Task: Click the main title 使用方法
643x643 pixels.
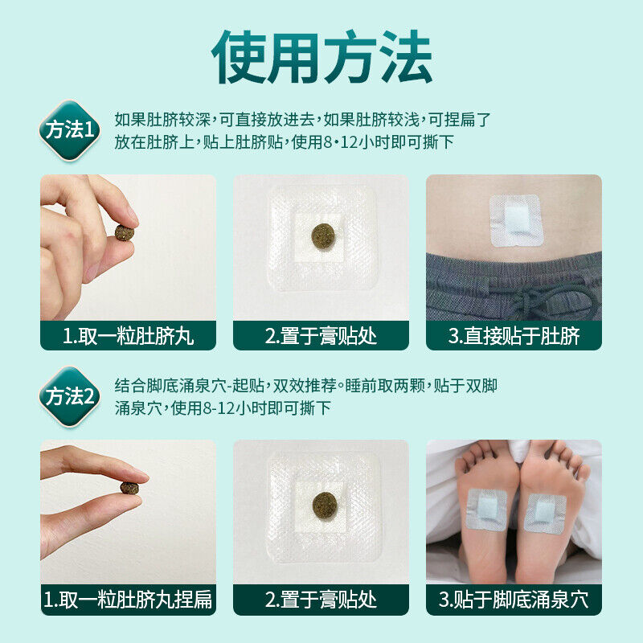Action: [322, 56]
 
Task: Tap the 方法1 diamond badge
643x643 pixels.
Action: [70, 130]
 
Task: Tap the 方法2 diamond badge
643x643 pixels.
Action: [70, 396]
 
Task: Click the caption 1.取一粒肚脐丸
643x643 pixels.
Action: [129, 336]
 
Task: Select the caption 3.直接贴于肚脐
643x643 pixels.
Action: [514, 336]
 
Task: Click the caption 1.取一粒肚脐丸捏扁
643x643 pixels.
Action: [129, 600]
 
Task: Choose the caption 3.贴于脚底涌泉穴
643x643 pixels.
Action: [514, 600]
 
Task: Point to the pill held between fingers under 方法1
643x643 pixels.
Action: [124, 232]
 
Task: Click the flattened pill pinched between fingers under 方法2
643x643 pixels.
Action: [129, 488]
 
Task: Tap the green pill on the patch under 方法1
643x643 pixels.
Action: [323, 236]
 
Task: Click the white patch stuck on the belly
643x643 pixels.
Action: [516, 220]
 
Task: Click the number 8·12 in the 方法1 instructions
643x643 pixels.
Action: [341, 143]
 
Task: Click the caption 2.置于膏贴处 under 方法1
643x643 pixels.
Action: [321, 336]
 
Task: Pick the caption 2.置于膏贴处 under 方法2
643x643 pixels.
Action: [321, 600]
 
